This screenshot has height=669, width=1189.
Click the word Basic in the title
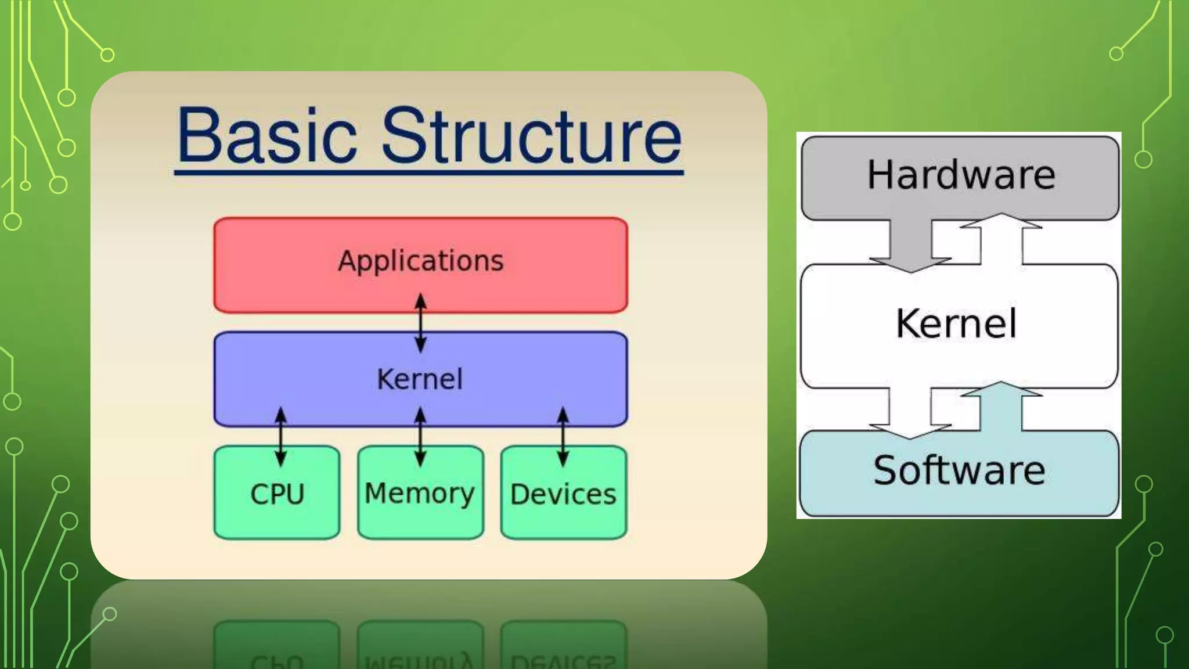[x=266, y=136]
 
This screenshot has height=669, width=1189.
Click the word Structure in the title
[x=531, y=136]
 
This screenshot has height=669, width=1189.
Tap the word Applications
[x=420, y=261]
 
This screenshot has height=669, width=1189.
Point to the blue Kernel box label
[x=420, y=379]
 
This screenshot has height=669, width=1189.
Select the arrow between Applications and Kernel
[x=421, y=323]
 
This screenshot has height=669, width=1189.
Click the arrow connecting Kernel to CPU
[x=280, y=437]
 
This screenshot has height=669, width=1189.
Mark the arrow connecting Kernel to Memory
[x=421, y=437]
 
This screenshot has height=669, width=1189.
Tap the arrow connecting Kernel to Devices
[x=563, y=437]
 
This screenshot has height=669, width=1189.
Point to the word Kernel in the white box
[x=956, y=323]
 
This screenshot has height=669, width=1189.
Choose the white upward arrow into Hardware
[x=1001, y=238]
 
